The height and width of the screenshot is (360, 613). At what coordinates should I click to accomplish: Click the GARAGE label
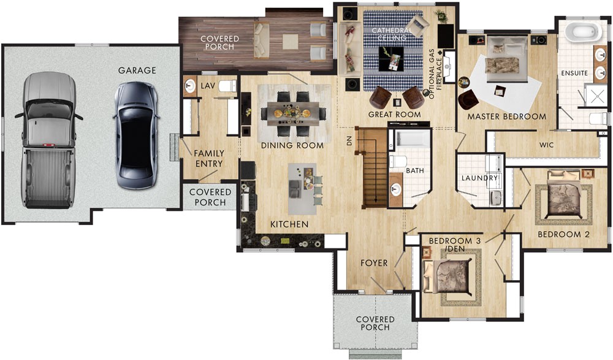click(x=137, y=71)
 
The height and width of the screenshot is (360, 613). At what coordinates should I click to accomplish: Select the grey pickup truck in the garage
click(x=49, y=139)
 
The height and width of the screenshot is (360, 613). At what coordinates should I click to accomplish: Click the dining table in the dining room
click(x=293, y=113)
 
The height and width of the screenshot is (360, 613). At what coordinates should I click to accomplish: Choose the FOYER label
click(x=374, y=263)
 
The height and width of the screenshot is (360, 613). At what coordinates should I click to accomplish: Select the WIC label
click(x=546, y=145)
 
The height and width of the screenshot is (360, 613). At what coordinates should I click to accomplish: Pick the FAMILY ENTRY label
click(x=209, y=158)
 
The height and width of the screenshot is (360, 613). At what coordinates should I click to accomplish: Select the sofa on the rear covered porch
click(x=262, y=40)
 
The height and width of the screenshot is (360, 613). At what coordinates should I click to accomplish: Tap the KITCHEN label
click(x=289, y=224)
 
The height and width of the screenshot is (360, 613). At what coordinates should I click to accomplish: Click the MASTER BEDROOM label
click(x=506, y=116)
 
